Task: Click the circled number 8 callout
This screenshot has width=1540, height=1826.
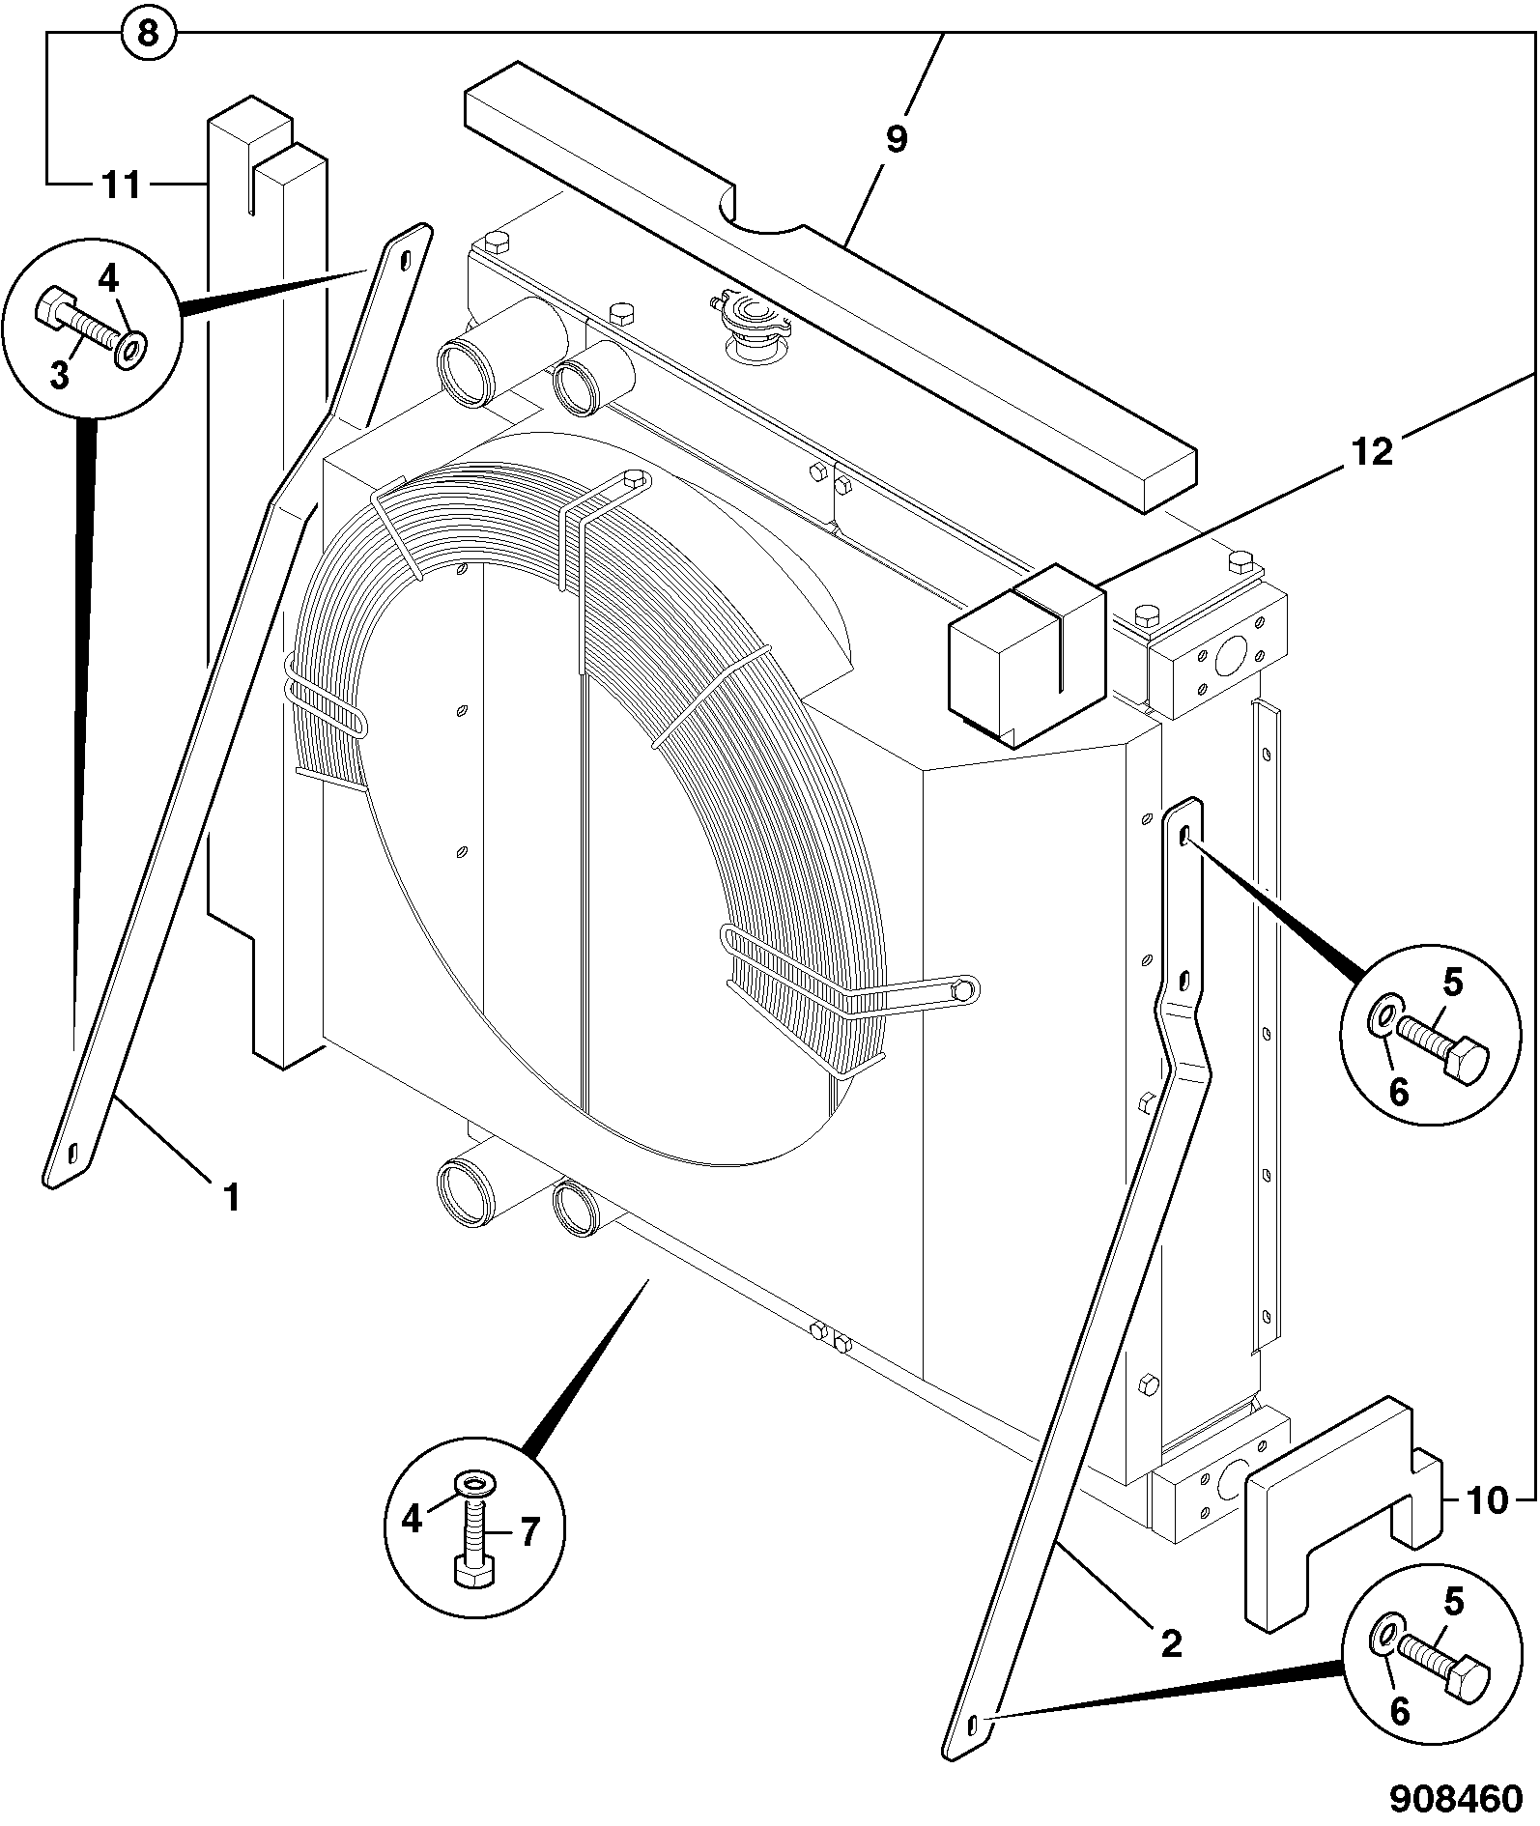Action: [x=148, y=35]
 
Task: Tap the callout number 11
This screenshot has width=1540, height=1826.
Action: [x=122, y=184]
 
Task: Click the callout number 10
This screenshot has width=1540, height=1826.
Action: [x=1488, y=1500]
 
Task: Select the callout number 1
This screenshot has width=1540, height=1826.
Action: [x=231, y=1198]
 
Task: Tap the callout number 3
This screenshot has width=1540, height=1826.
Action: [x=60, y=376]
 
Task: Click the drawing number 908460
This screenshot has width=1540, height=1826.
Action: [x=1456, y=1799]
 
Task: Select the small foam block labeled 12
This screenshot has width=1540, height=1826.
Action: [x=1027, y=656]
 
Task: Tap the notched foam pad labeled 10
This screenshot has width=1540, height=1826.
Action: [x=1342, y=1514]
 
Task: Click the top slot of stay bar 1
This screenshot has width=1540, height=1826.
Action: [x=405, y=259]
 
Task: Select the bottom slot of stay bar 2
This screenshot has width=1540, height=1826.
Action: [x=973, y=1722]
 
